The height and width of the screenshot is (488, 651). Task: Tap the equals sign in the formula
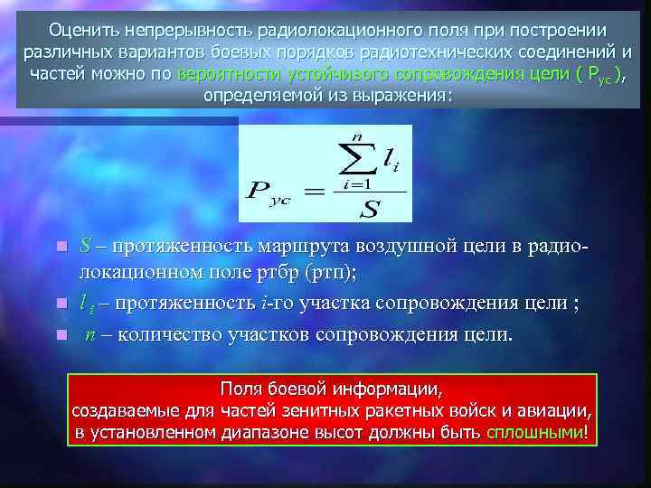point(312,192)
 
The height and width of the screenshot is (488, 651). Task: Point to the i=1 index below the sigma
point(358,183)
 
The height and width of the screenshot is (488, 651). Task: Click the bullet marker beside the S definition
point(61,247)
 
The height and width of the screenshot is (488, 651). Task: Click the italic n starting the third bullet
point(90,335)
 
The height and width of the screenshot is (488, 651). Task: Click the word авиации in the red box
point(553,411)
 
